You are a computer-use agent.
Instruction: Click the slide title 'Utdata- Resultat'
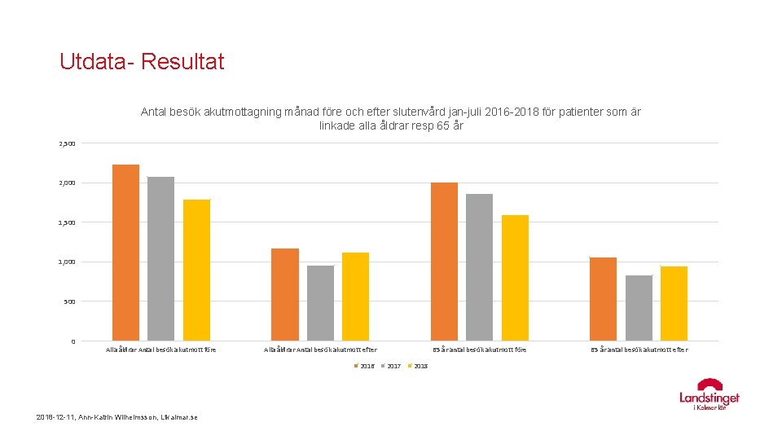point(142,62)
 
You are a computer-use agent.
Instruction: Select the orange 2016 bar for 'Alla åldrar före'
point(125,253)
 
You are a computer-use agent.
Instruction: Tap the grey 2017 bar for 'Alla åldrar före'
point(160,258)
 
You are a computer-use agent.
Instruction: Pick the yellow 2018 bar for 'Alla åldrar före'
point(196,270)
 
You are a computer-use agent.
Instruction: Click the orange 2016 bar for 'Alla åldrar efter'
point(285,294)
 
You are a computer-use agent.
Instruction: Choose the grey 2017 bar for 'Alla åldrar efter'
point(320,303)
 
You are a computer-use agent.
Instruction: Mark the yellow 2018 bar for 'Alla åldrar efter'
point(355,297)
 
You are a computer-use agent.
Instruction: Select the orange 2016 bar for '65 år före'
point(444,262)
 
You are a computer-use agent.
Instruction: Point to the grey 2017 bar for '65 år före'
point(479,267)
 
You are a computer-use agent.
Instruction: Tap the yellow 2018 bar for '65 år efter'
point(674,303)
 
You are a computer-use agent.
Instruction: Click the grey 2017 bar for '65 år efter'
point(639,308)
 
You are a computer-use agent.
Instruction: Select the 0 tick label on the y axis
point(72,341)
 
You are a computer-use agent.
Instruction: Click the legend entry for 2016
point(364,366)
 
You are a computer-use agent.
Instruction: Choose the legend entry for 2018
point(418,366)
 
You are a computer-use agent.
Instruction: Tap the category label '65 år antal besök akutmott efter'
point(639,350)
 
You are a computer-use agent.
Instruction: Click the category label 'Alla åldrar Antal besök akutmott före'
point(161,350)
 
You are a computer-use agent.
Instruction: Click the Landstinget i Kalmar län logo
point(710,394)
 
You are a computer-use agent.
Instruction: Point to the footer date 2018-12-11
point(55,418)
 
